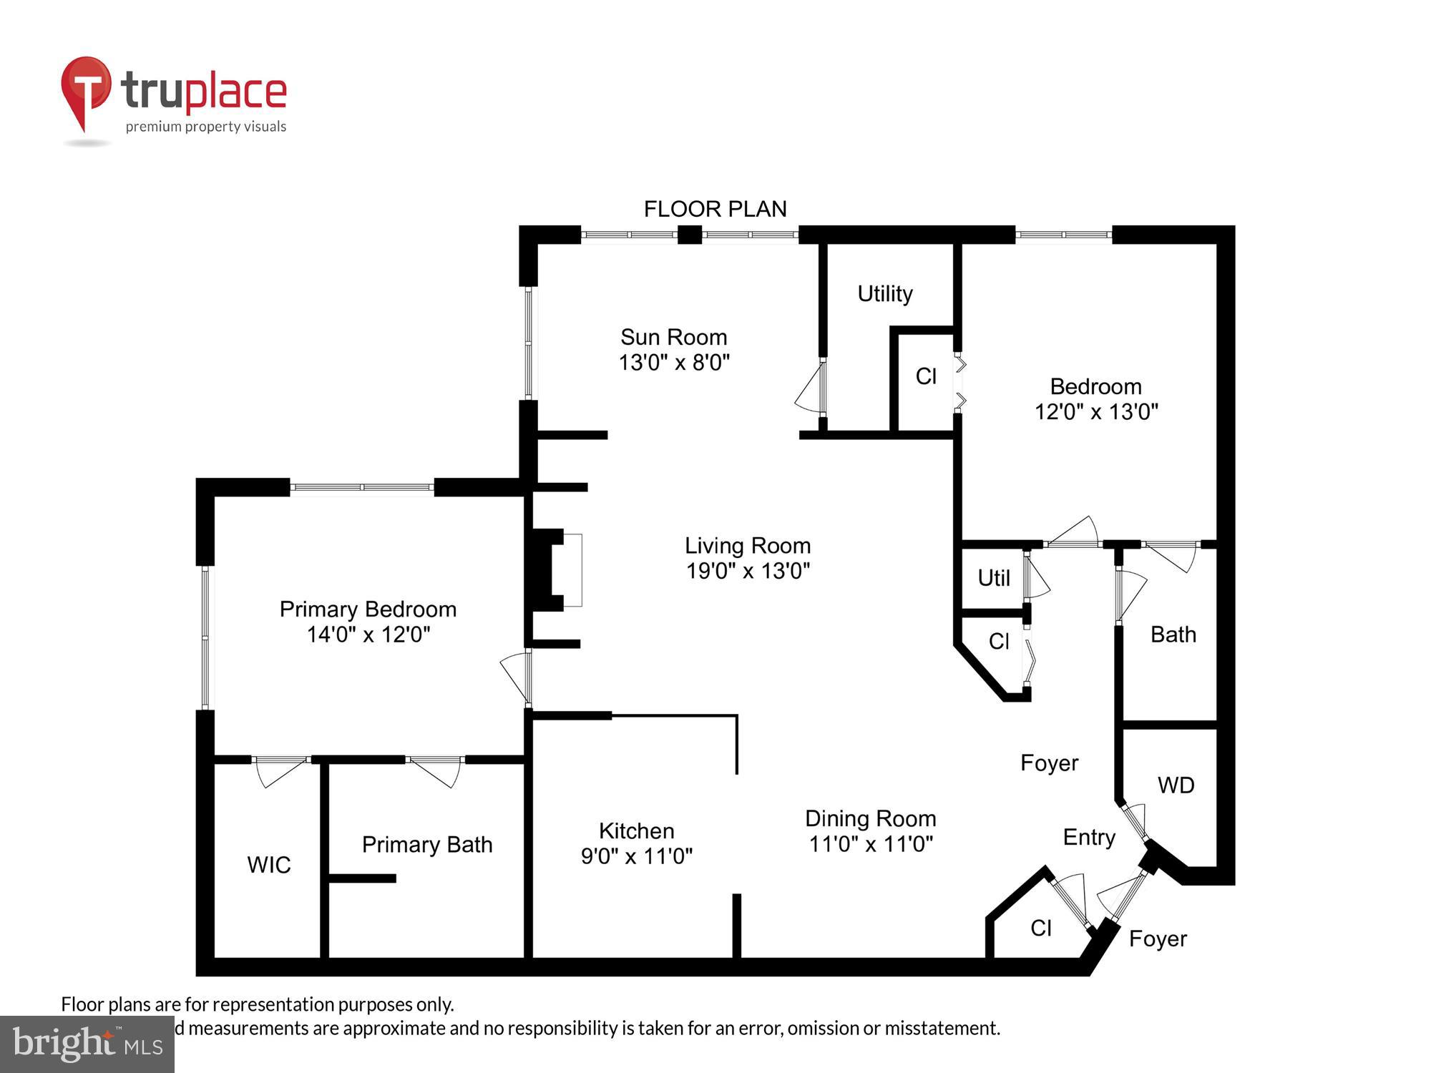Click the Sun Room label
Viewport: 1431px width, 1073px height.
[673, 337]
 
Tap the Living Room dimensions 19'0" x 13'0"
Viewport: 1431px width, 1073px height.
[748, 571]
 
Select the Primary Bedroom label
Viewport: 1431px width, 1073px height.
[368, 609]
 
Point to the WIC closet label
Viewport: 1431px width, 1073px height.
[269, 865]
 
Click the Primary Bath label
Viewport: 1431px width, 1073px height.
[427, 844]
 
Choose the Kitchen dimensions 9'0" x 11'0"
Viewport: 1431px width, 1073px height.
[636, 856]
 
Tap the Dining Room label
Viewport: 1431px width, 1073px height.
[870, 818]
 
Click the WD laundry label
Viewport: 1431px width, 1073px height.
[1176, 785]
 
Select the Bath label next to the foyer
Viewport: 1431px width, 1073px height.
[1173, 635]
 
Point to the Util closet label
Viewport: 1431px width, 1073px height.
[994, 578]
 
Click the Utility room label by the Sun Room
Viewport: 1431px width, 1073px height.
[885, 293]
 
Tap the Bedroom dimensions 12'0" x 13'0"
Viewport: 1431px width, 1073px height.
[1096, 412]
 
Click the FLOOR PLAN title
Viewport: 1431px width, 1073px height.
[715, 209]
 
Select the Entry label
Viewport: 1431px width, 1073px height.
[1089, 837]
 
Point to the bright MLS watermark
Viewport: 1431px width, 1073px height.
[87, 1044]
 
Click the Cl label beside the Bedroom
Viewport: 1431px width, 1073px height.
[926, 376]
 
